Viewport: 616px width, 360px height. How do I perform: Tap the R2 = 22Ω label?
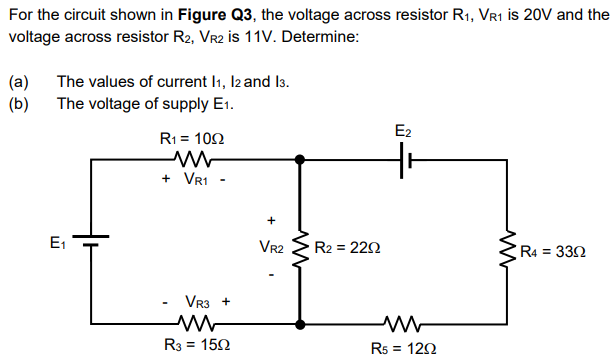[346, 247]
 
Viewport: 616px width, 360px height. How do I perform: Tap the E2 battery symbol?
[403, 158]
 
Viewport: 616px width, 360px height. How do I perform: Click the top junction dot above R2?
[300, 158]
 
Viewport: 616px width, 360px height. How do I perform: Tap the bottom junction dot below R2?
[300, 323]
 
